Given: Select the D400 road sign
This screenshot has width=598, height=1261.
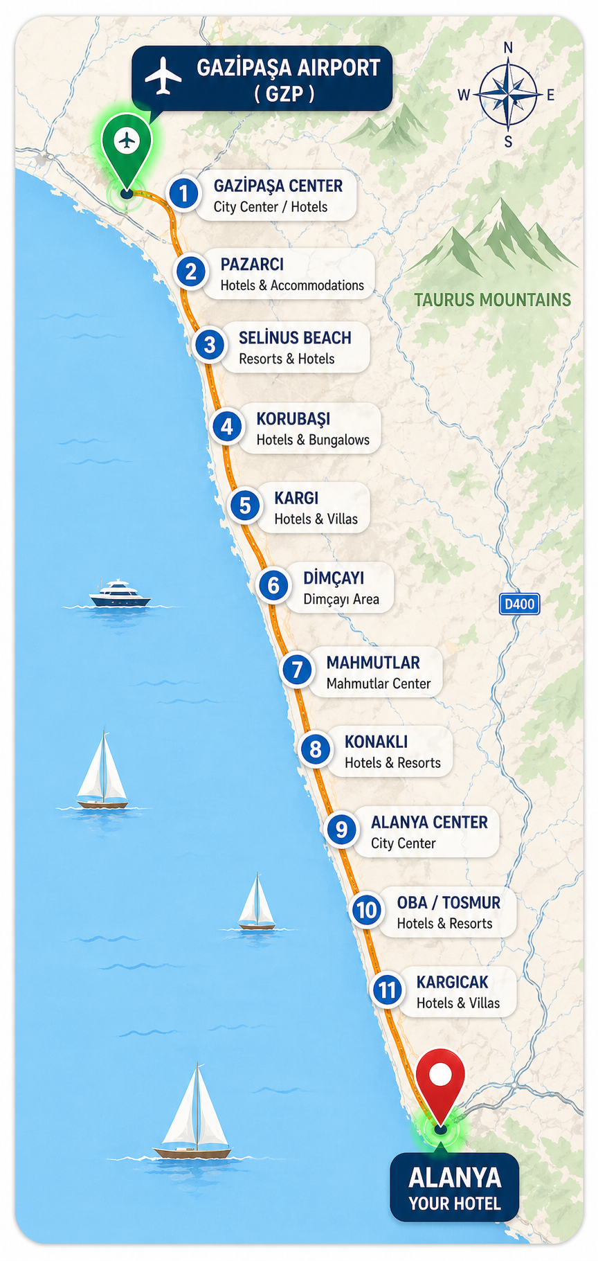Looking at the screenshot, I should pos(519,604).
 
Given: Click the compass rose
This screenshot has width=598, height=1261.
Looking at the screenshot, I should pos(508,94).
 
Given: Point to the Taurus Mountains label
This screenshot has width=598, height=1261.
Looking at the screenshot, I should pos(492,300).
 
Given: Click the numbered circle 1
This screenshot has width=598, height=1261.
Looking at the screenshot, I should pos(183,193).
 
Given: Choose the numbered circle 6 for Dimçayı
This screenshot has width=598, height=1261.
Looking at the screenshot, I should pos(273,586).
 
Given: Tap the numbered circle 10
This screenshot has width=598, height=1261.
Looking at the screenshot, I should pos(366,910).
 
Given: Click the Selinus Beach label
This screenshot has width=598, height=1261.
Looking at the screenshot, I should pos(295,338).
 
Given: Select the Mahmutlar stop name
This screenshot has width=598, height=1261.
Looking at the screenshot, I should pos(373,663).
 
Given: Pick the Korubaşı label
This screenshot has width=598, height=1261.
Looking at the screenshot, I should pos(293,419).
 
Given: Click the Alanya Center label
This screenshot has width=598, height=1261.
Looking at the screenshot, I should pos(429,822).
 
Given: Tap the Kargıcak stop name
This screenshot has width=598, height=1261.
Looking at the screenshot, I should pos(452,982).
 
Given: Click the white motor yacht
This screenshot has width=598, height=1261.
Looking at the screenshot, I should pos(120,594).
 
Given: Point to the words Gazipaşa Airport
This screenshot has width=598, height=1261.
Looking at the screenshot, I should pos(288,68).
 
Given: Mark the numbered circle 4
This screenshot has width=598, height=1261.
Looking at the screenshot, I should pos(227,427).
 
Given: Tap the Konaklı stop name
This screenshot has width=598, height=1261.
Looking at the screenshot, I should pos(376,742).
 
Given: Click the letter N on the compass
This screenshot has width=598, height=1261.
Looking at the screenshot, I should pos(508,48).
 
